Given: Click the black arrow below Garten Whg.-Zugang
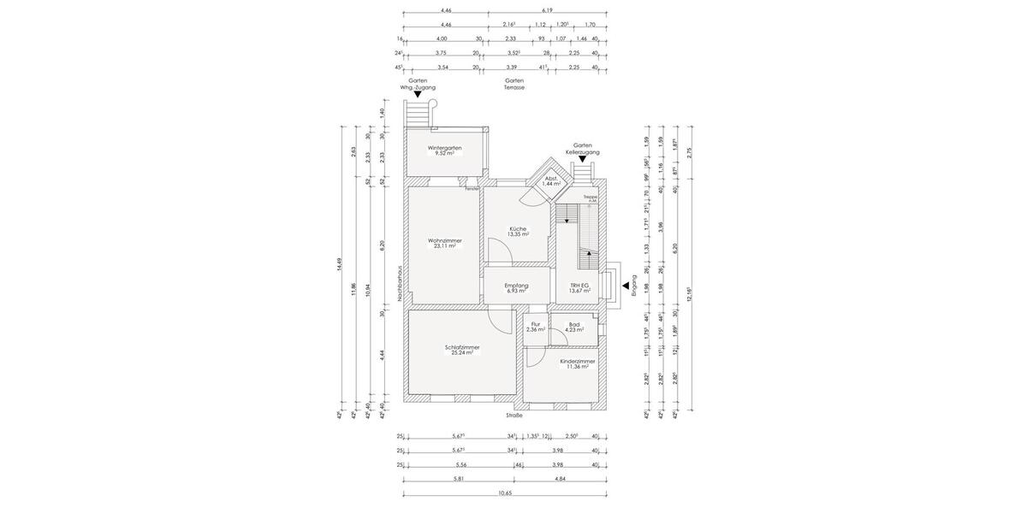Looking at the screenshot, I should [418, 95].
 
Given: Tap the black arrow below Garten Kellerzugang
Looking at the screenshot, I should [583, 159].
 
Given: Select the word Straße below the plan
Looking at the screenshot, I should [513, 416].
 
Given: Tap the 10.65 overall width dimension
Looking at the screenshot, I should [505, 493].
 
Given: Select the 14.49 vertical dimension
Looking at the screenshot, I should [340, 265].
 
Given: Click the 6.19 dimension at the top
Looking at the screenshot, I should [547, 10].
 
